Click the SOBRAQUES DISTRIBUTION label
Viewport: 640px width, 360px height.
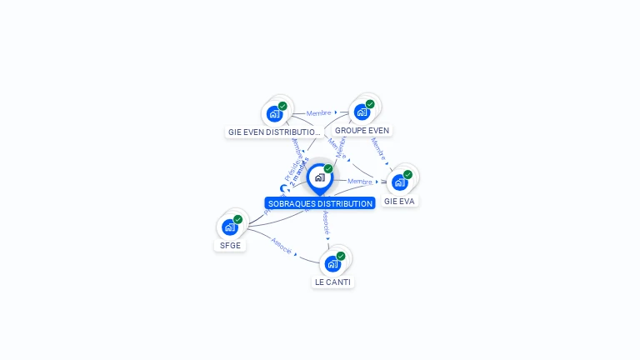pyautogui.click(x=320, y=203)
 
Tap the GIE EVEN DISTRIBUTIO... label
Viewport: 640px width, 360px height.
pyautogui.click(x=274, y=132)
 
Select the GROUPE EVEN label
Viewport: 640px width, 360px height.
pyautogui.click(x=362, y=131)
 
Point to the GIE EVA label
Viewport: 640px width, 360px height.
pyautogui.click(x=399, y=202)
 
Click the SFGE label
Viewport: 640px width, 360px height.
pyautogui.click(x=230, y=246)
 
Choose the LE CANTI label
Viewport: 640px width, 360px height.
pyautogui.click(x=332, y=282)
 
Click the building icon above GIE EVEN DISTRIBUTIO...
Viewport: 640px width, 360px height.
pyautogui.click(x=274, y=114)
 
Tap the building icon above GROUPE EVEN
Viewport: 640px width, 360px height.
pyautogui.click(x=362, y=112)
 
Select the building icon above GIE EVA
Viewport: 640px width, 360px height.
pyautogui.click(x=399, y=182)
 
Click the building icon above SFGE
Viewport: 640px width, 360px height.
pyautogui.click(x=229, y=227)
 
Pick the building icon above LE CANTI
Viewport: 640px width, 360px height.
pyautogui.click(x=332, y=263)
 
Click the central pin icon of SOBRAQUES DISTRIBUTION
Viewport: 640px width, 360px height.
pyautogui.click(x=319, y=177)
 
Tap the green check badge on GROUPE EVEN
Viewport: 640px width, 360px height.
pyautogui.click(x=370, y=104)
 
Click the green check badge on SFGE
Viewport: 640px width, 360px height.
pyautogui.click(x=237, y=219)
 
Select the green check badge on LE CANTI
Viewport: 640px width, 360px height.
pyautogui.click(x=341, y=256)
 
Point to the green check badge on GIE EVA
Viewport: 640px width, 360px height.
pyautogui.click(x=407, y=174)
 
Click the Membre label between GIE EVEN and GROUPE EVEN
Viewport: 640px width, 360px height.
pyautogui.click(x=318, y=113)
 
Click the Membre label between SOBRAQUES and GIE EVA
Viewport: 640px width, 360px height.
pyautogui.click(x=359, y=181)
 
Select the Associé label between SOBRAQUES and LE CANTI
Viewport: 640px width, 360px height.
pyautogui.click(x=326, y=221)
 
